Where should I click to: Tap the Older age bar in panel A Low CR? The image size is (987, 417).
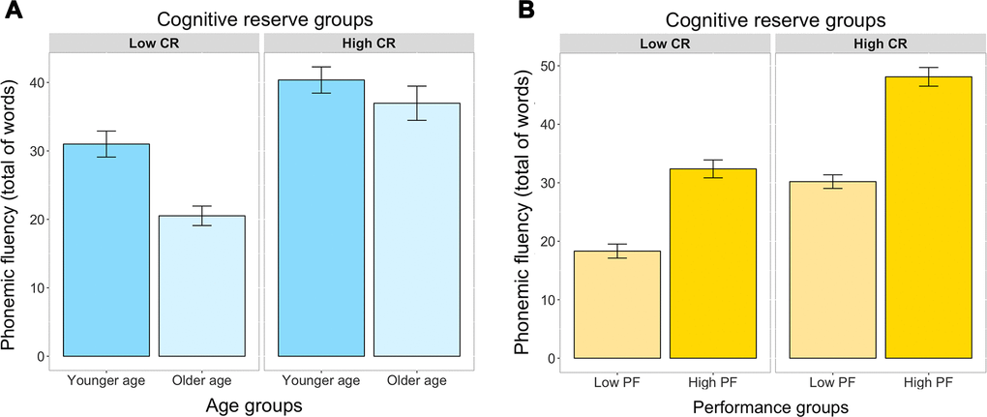coord(201,285)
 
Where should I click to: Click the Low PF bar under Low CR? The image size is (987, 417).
coord(618,305)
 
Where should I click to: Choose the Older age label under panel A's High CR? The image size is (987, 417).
coord(416,379)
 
